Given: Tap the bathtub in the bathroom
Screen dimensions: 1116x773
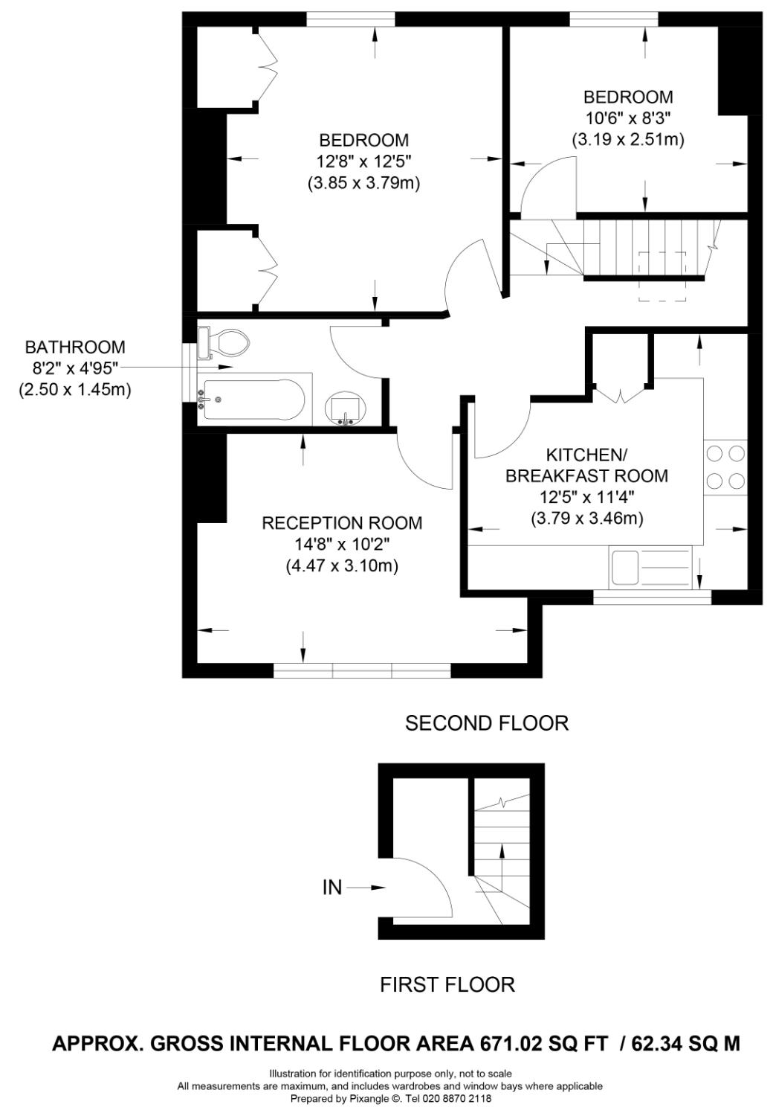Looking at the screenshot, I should pyautogui.click(x=253, y=400).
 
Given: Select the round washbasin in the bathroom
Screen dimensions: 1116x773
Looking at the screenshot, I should pyautogui.click(x=346, y=408).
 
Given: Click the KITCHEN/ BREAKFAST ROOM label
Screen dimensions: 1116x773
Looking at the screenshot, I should pyautogui.click(x=586, y=465).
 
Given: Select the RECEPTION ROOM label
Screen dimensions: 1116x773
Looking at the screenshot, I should pyautogui.click(x=342, y=523).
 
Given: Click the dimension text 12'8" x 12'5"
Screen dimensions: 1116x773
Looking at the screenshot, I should pyautogui.click(x=363, y=161).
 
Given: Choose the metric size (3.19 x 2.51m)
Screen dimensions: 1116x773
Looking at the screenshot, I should pyautogui.click(x=628, y=139).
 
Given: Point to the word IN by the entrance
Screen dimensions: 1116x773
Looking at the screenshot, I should pyautogui.click(x=332, y=887).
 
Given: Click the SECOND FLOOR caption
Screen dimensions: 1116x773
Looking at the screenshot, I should pyautogui.click(x=486, y=722).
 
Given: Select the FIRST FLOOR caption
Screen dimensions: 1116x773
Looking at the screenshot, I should pyautogui.click(x=447, y=984).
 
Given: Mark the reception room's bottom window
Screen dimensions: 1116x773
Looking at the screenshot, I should pyautogui.click(x=362, y=670).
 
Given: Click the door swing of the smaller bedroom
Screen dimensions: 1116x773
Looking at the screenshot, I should pyautogui.click(x=549, y=190).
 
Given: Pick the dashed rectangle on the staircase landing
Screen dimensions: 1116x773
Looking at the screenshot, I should pyautogui.click(x=662, y=276).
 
